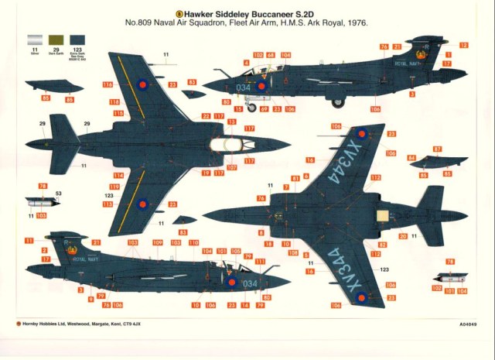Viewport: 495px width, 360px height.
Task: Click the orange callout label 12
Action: tap(463, 46)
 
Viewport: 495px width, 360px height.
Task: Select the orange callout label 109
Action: tap(158, 242)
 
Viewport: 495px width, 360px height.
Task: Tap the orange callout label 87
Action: tap(437, 149)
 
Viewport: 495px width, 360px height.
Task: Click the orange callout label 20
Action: tap(402, 235)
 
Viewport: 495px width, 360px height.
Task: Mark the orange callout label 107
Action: tap(232, 167)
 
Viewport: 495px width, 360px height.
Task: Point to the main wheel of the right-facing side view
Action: tap(338, 101)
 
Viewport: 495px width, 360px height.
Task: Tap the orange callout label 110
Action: tap(194, 242)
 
